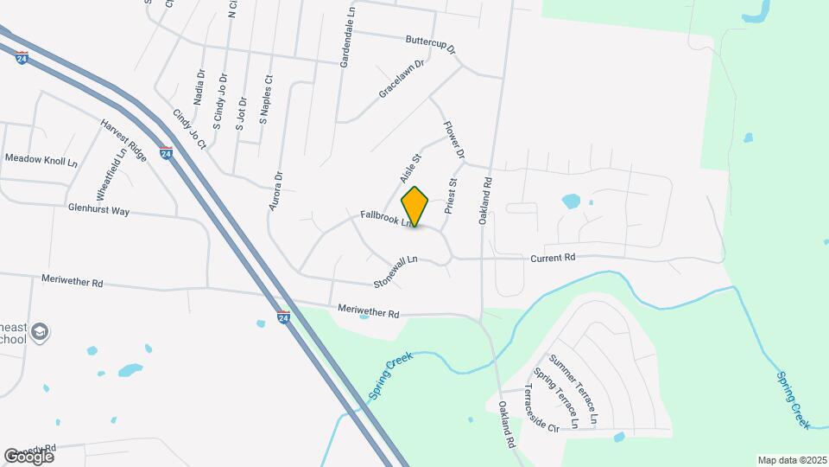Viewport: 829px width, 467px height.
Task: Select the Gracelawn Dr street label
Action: coord(402,79)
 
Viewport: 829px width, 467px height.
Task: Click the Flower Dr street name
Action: coord(454,139)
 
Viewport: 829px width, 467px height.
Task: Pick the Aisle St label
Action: coord(409,168)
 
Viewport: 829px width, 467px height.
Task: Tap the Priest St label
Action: coord(450,196)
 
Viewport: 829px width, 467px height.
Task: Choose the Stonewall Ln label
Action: coord(396,272)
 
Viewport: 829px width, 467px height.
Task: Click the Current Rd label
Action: coord(553,258)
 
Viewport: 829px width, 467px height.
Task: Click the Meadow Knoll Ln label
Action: coord(41,160)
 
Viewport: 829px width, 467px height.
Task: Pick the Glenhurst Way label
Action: coord(98,209)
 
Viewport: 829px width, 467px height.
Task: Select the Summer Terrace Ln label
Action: coord(573,390)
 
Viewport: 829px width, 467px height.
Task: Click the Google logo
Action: coord(28,456)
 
